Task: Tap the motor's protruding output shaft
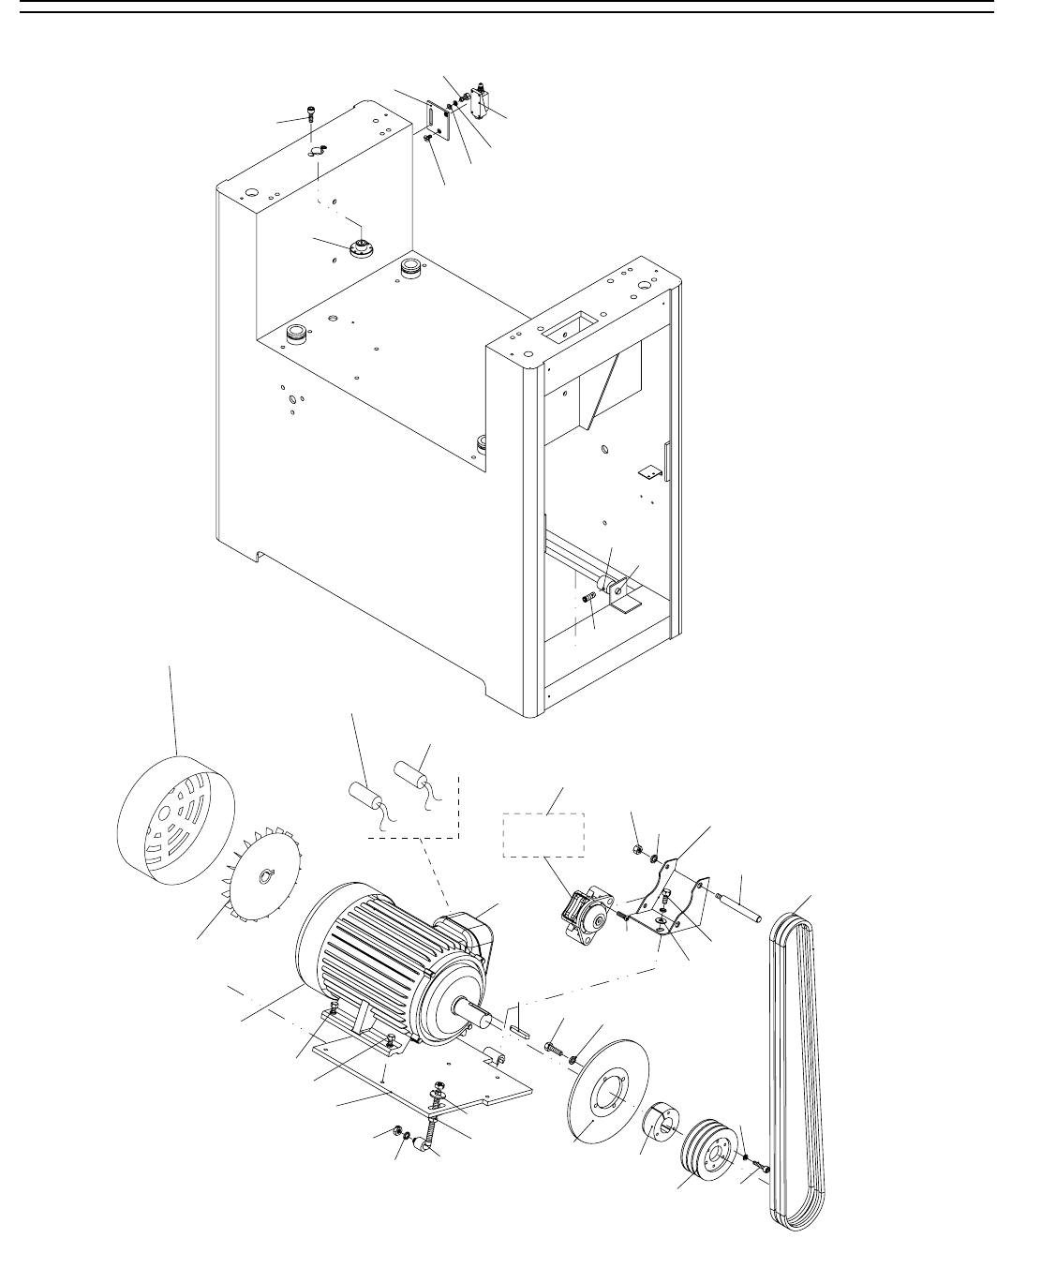(479, 1011)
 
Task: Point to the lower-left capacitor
(364, 797)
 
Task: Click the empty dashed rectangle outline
(544, 832)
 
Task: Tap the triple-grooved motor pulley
(706, 1150)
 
